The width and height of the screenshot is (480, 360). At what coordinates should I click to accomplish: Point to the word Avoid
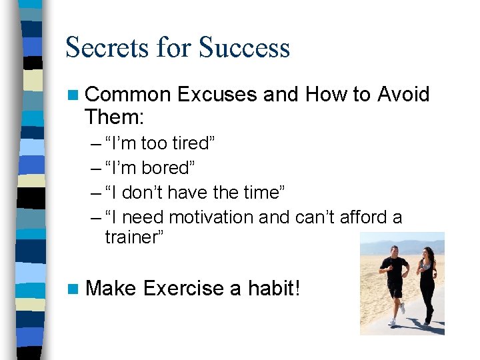403,95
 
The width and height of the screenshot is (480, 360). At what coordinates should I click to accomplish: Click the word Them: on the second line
114,117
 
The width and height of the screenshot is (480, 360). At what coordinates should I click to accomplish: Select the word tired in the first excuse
192,143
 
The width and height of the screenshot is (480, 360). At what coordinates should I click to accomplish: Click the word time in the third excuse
262,192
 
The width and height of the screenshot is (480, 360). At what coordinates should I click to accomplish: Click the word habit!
274,289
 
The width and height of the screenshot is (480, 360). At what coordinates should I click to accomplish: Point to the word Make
111,289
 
